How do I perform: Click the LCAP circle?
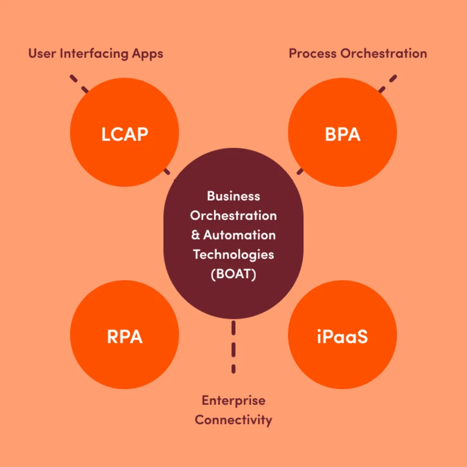coord(124,132)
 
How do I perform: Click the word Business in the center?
coord(233,196)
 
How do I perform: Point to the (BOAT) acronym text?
coord(233,275)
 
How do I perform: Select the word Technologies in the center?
coord(233,255)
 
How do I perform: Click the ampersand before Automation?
coord(195,235)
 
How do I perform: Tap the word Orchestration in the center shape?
coord(233,215)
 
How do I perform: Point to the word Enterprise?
coord(233,400)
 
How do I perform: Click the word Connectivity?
coord(233,419)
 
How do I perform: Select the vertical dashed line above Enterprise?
coord(233,347)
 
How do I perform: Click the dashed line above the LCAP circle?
coord(79,84)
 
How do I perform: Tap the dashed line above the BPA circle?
coord(387,84)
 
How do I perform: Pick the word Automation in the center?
coord(239,235)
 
